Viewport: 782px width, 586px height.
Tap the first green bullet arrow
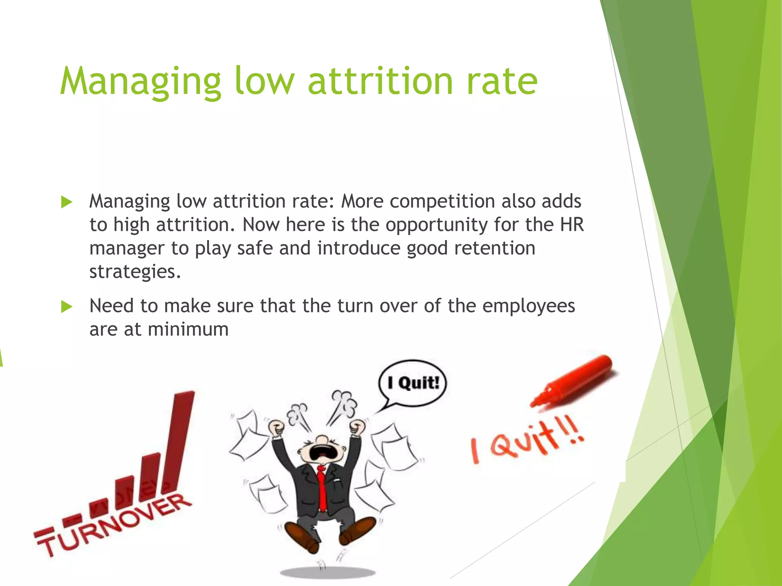(66, 202)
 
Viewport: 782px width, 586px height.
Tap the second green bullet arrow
(66, 306)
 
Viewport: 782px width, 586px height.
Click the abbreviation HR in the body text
(572, 224)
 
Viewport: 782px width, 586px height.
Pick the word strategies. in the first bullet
(135, 272)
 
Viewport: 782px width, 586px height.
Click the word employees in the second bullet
(528, 306)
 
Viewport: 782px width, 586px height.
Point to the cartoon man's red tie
(322, 488)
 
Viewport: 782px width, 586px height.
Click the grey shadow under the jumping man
(328, 573)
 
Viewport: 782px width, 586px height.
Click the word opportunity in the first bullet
(436, 225)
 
